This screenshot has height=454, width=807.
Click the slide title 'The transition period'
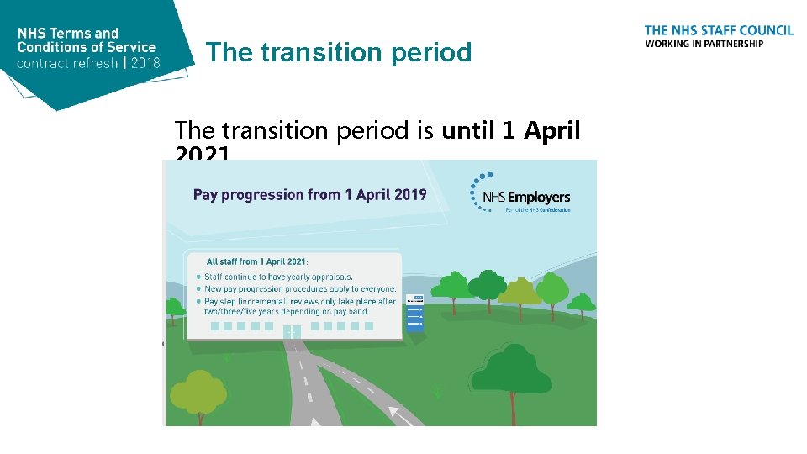click(339, 52)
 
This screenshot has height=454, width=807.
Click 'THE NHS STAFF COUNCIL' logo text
click(719, 30)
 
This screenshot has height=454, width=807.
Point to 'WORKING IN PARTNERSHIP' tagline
click(704, 44)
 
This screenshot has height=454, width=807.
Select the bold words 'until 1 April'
click(511, 130)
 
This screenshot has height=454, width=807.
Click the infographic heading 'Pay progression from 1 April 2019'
click(310, 194)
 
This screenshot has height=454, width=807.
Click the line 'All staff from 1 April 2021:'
click(258, 261)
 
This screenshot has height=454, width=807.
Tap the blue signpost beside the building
click(415, 314)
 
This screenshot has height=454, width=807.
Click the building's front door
click(291, 332)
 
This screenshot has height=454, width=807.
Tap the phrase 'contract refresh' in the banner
click(66, 63)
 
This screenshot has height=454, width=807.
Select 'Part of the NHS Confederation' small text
click(537, 210)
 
